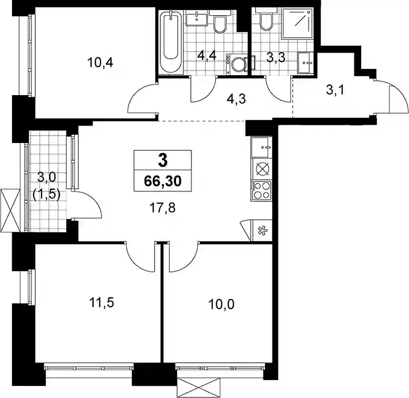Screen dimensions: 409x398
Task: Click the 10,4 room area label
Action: [100, 63]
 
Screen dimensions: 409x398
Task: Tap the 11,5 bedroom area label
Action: [101, 302]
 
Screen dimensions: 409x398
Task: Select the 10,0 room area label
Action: [221, 304]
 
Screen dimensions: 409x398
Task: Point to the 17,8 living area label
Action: [162, 208]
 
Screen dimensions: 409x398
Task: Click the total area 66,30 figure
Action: [163, 181]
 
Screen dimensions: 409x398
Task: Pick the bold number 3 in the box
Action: [163, 160]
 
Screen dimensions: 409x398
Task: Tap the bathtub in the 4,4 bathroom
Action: [170, 41]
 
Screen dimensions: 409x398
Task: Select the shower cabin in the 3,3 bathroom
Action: [298, 23]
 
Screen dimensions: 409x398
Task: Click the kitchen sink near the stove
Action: [261, 147]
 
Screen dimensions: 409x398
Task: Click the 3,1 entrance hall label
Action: [335, 90]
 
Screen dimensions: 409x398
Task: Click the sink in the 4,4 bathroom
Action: [197, 20]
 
